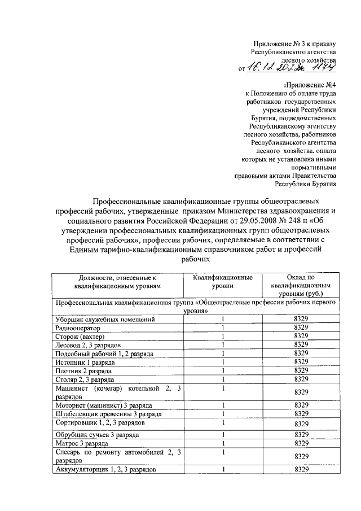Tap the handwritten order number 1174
coord(323,68)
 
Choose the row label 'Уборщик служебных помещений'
coord(104,319)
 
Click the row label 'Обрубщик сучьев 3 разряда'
coord(96,434)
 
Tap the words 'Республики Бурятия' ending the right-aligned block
coord(306,184)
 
